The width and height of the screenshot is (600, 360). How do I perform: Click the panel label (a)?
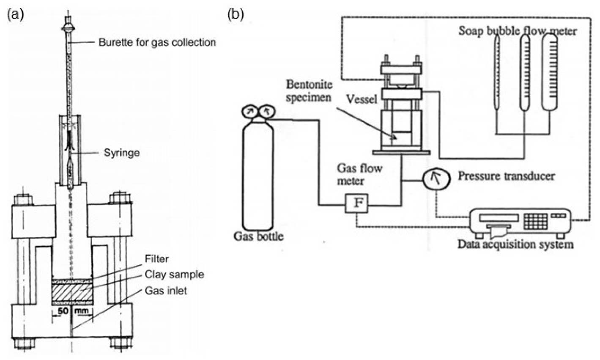tap(15, 15)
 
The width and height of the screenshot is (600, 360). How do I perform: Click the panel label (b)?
tap(236, 15)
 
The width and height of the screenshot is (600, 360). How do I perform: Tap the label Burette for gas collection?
tap(157, 42)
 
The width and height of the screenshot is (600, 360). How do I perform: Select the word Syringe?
tap(122, 153)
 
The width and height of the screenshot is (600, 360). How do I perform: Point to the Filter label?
tap(157, 258)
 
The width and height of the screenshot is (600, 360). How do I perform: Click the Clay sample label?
tap(174, 275)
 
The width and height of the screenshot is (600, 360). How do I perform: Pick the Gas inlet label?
tap(166, 291)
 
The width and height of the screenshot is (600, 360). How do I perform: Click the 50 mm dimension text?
tap(72, 311)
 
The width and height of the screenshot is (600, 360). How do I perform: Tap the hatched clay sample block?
tap(72, 292)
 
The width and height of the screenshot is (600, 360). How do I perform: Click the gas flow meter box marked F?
tap(356, 203)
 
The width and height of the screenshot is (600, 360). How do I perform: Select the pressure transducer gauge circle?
tap(436, 179)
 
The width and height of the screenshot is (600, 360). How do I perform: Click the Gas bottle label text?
tap(258, 236)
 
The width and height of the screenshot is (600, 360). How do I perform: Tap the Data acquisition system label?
tap(515, 245)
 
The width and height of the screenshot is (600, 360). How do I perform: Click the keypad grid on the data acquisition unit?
tap(536, 221)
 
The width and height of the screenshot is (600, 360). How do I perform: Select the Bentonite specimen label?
tap(309, 91)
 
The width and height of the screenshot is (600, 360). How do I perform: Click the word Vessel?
tap(362, 99)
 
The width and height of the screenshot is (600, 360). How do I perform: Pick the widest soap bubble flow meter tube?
tap(549, 72)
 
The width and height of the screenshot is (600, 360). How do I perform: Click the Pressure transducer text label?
tap(506, 176)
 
